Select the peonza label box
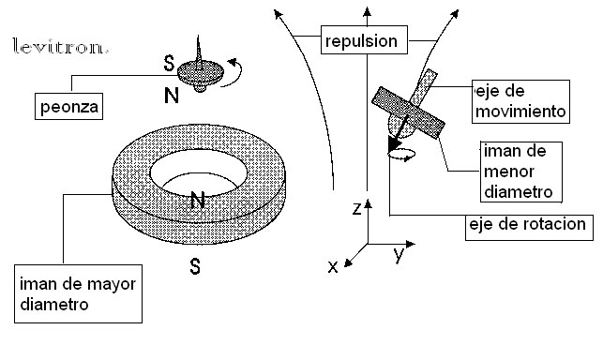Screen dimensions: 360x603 (67, 106)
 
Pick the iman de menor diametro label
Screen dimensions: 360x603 (515, 172)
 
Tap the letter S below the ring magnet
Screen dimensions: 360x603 (196, 266)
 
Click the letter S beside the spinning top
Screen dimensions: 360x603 (169, 64)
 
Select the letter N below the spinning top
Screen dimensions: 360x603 (170, 96)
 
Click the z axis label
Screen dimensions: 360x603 (357, 210)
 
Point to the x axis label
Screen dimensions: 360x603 (333, 266)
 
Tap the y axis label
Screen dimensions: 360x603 (399, 253)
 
